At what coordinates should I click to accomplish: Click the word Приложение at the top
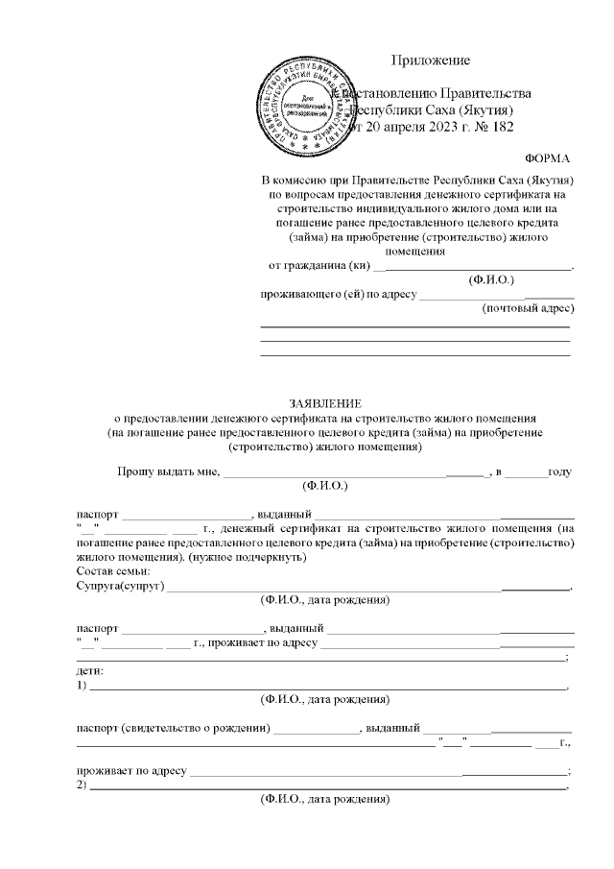431,60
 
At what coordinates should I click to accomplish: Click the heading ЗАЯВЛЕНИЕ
326,403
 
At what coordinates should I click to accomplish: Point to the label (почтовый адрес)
527,309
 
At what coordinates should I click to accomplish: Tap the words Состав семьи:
113,571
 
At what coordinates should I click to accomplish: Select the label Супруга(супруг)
120,586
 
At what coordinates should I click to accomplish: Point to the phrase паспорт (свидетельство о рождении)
172,727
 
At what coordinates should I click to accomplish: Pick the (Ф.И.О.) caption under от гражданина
491,279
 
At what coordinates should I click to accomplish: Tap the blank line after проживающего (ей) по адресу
496,295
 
